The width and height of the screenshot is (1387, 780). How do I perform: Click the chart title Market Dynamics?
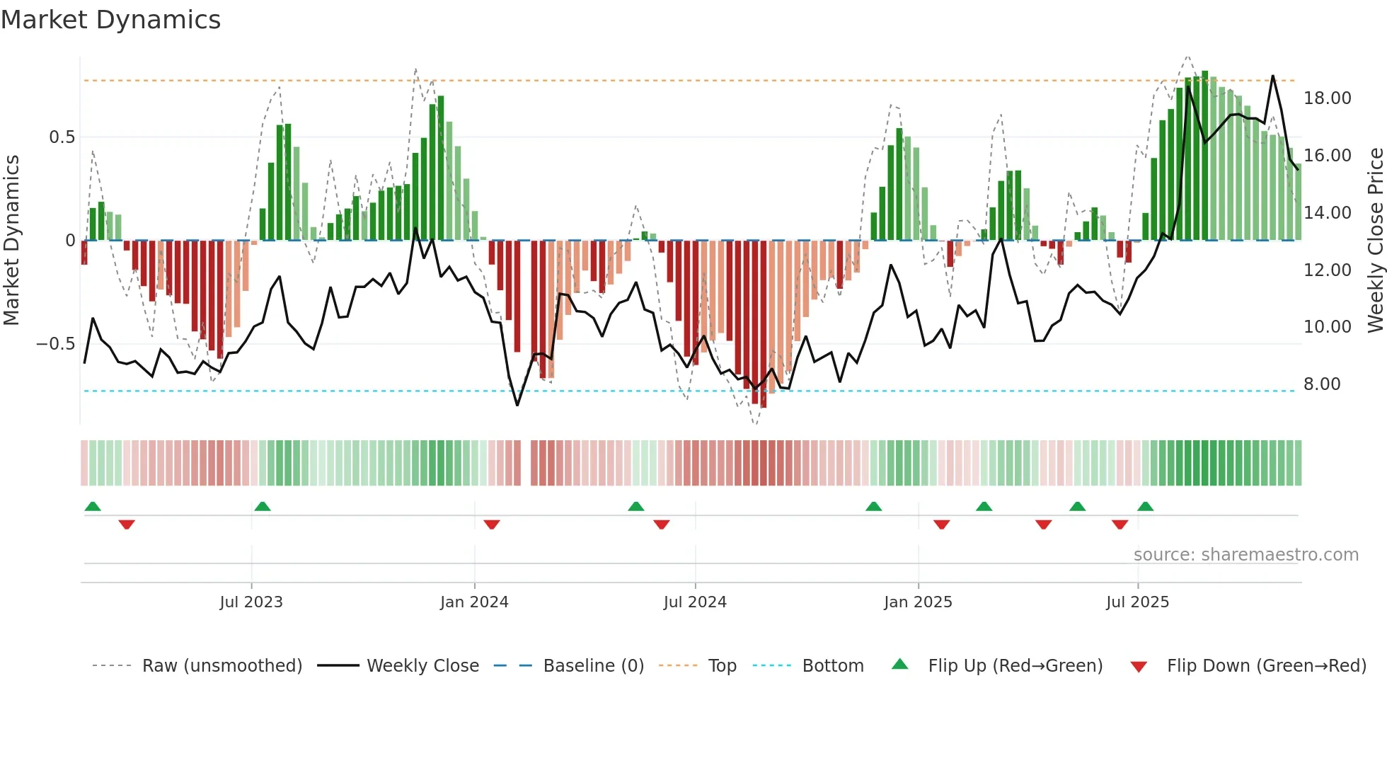(x=110, y=20)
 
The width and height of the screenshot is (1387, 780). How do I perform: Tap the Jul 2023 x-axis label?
(x=251, y=602)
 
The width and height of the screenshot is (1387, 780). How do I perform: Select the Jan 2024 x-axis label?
(x=474, y=602)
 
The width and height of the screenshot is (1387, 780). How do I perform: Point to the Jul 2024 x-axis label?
(x=695, y=602)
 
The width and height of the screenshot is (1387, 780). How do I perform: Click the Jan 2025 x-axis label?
(x=918, y=602)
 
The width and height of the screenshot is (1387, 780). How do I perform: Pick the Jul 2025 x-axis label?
(x=1137, y=602)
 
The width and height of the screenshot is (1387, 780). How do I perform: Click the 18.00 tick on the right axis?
(x=1327, y=98)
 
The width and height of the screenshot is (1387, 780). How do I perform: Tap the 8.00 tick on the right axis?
(x=1322, y=384)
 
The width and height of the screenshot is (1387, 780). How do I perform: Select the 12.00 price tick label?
(x=1327, y=270)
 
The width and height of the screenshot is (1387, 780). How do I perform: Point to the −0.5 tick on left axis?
(x=55, y=344)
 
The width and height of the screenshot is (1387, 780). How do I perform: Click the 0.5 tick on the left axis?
(x=62, y=137)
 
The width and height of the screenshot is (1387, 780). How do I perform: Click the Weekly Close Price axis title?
(x=1375, y=241)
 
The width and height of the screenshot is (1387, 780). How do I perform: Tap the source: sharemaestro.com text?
(x=1245, y=555)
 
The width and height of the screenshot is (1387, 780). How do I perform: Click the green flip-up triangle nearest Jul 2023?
(x=263, y=506)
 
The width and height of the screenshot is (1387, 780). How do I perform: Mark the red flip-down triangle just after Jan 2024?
(x=492, y=524)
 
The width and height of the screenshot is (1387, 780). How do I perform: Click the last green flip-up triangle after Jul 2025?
(x=1145, y=506)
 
